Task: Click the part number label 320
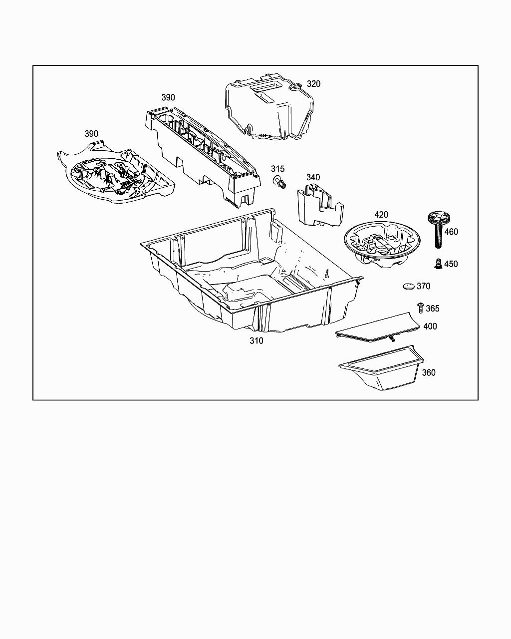pos(313,84)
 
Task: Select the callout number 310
pos(256,341)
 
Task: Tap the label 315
pos(278,169)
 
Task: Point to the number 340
pos(313,177)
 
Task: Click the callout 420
pos(381,215)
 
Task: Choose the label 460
pos(451,232)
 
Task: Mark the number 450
pos(451,264)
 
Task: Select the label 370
pos(423,286)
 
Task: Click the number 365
pos(433,309)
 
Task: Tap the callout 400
pos(430,326)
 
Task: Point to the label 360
pos(428,372)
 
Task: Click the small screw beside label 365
pos(420,308)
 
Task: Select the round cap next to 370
pos(409,286)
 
